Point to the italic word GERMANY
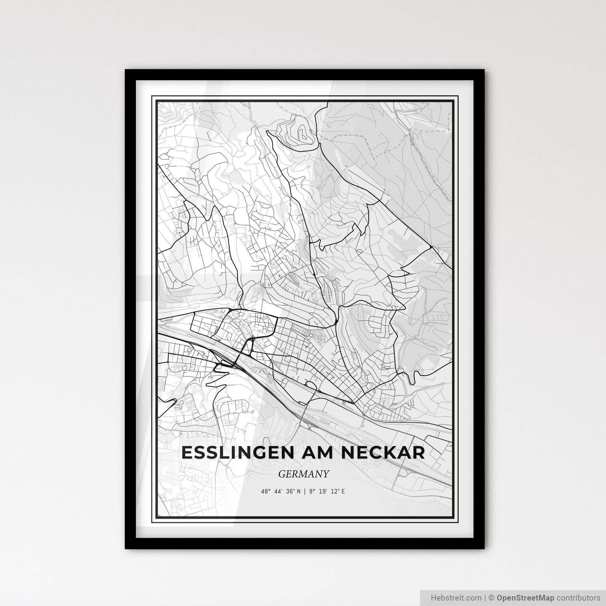coord(303,474)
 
